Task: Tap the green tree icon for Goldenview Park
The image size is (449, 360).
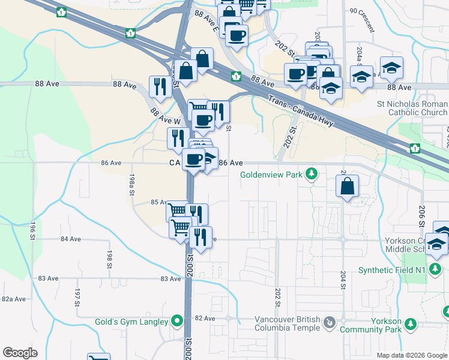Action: click(311, 174)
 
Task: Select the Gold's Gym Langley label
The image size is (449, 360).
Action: click(131, 322)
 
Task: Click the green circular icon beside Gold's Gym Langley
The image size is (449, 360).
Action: click(177, 322)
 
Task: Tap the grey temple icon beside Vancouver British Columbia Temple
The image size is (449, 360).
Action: click(329, 324)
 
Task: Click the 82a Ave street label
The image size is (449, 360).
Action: click(14, 299)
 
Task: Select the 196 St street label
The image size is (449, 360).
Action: click(32, 231)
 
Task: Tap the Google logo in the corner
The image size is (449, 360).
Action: click(20, 353)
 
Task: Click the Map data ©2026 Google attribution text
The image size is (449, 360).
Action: click(411, 355)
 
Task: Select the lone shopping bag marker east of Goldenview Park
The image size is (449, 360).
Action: click(348, 187)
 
